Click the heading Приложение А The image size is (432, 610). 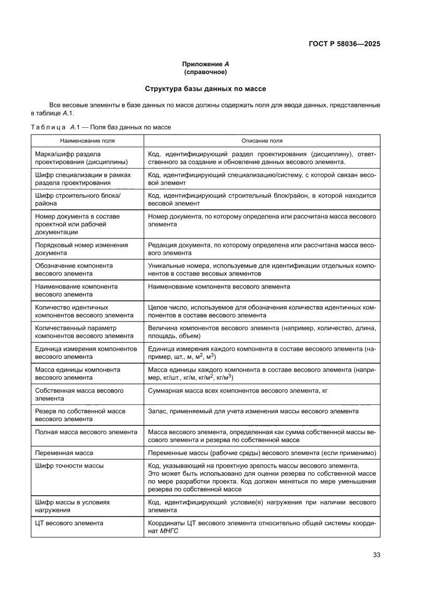coord(205,64)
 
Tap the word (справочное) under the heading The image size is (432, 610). coord(205,71)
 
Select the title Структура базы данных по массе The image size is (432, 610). coord(205,89)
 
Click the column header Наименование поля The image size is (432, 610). coord(87,141)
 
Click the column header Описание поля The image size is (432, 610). coord(262,141)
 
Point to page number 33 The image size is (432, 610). coord(376,555)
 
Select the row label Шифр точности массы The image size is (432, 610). coord(69,465)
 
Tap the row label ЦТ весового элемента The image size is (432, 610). coord(69,523)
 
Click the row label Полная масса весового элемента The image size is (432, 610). coord(86,432)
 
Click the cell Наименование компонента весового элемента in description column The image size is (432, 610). coord(219,286)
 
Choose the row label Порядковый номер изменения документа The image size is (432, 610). coord(81,249)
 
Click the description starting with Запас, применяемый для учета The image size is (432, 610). coord(253,411)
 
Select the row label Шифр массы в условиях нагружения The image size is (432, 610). coord(72,506)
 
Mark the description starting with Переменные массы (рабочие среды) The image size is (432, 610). coord(262,452)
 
